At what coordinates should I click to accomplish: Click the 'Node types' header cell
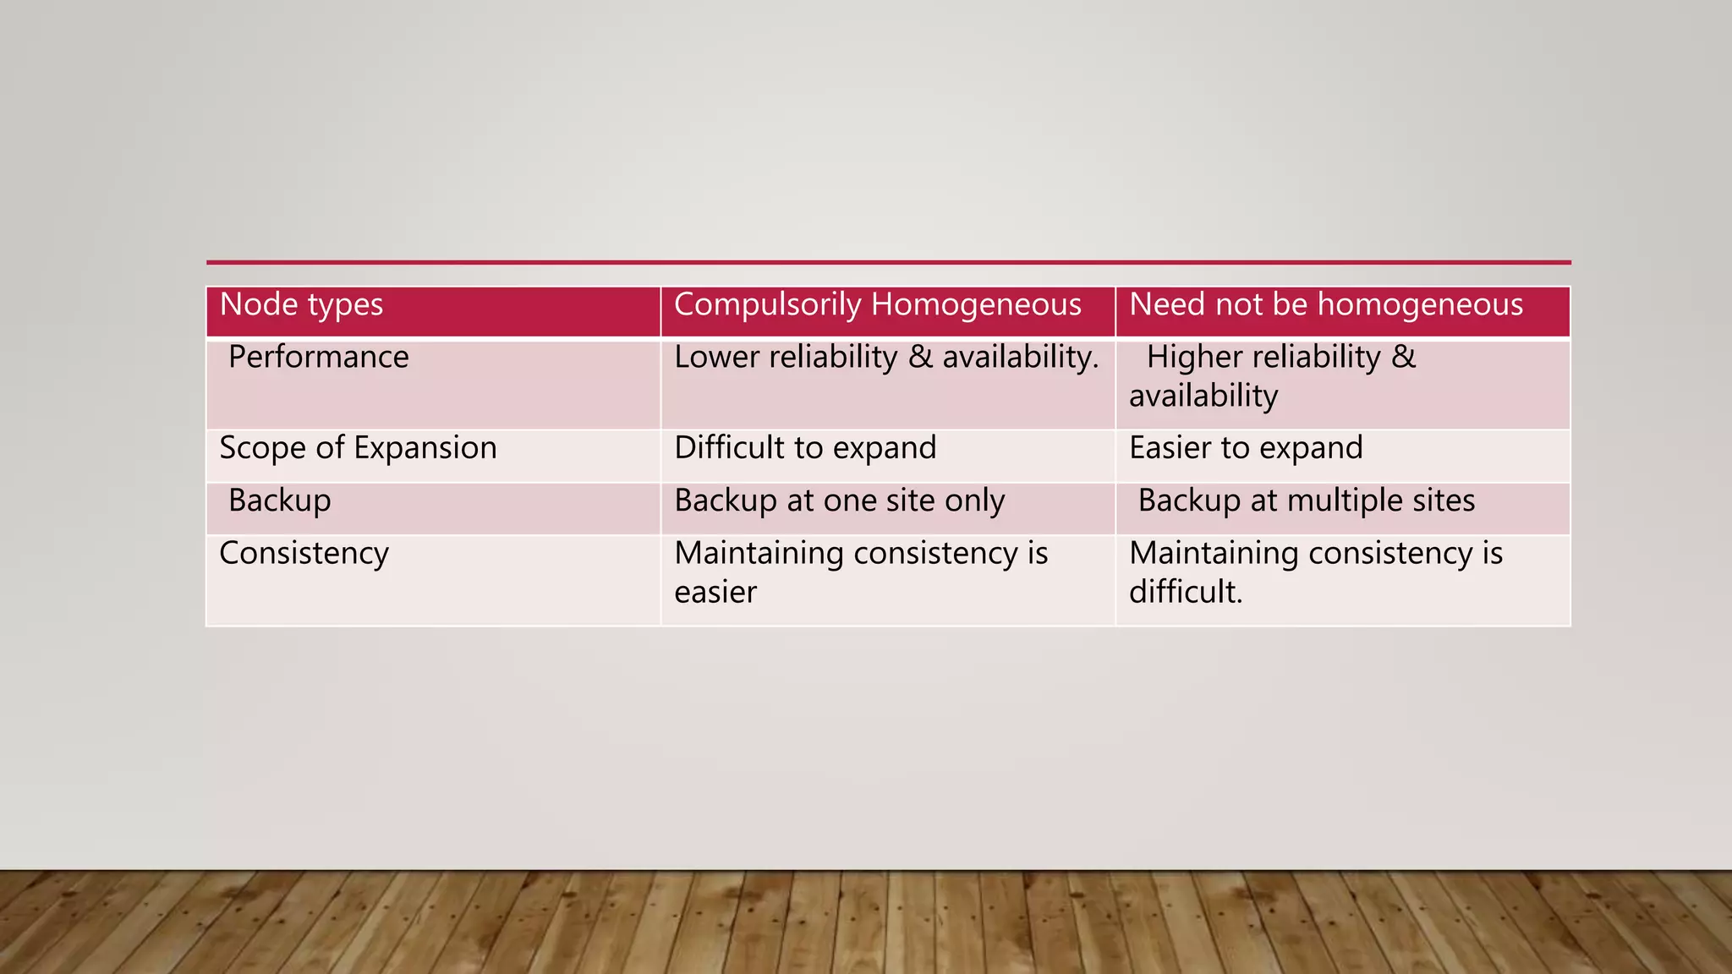tap(301, 305)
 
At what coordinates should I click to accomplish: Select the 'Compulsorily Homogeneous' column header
tap(877, 305)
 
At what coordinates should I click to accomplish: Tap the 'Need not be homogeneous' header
tap(1325, 305)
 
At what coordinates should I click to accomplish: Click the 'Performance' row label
tap(318, 358)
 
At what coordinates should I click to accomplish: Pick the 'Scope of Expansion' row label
tap(358, 448)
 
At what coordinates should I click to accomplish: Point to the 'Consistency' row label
tap(304, 554)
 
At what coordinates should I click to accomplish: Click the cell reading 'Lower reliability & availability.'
tap(885, 358)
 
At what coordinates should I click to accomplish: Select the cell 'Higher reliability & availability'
tap(1272, 376)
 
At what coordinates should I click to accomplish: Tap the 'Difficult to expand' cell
tap(805, 448)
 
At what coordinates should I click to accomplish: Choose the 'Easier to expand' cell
tap(1246, 448)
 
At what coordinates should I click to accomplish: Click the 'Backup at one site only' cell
tap(839, 501)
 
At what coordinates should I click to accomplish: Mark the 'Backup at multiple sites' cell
tap(1306, 501)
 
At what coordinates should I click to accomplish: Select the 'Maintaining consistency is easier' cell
tap(861, 572)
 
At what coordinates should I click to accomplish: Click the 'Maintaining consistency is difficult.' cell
tap(1315, 572)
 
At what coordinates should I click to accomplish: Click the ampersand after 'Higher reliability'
tap(1403, 358)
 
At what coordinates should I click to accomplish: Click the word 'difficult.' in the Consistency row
tap(1186, 592)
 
